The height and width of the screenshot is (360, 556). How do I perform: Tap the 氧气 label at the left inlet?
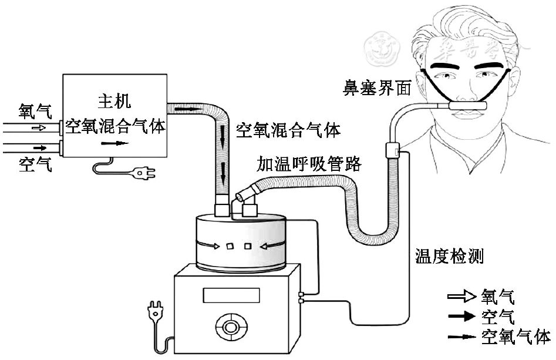coord(35,111)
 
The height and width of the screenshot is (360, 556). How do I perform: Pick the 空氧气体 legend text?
coord(515,337)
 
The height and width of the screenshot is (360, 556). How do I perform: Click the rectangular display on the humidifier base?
coord(230,294)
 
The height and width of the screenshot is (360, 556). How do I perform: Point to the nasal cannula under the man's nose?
coord(467,106)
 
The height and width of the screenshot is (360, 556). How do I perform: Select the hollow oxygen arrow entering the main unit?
coord(37,127)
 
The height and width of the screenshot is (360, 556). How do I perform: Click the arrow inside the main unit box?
coord(113,142)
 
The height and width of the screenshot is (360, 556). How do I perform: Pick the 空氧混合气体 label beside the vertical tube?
coord(288,130)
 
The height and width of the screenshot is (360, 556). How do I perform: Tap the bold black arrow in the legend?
coord(462,317)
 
